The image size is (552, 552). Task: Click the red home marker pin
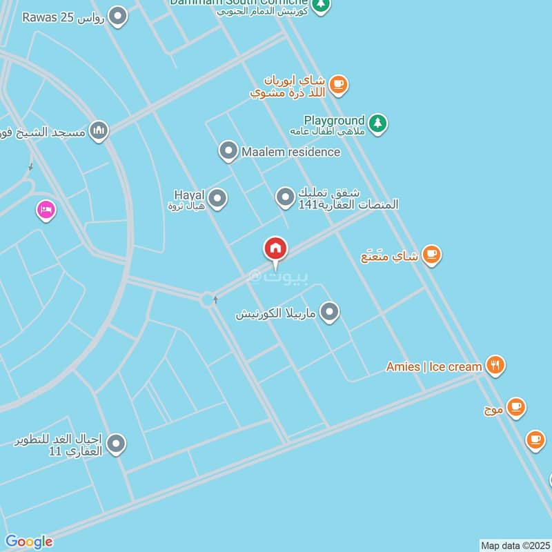pyautogui.click(x=276, y=249)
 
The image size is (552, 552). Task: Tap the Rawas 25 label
pyautogui.click(x=63, y=17)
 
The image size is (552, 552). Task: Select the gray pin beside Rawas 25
pyautogui.click(x=119, y=17)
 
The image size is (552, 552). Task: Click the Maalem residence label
pyautogui.click(x=290, y=151)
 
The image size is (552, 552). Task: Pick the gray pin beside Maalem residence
pyautogui.click(x=228, y=151)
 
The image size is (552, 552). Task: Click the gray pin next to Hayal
pyautogui.click(x=218, y=199)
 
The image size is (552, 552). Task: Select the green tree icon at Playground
pyautogui.click(x=377, y=124)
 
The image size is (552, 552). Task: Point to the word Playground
pyautogui.click(x=334, y=120)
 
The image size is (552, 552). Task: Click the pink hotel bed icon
pyautogui.click(x=46, y=210)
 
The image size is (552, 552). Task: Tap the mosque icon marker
pyautogui.click(x=99, y=130)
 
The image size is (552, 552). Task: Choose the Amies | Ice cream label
pyautogui.click(x=433, y=366)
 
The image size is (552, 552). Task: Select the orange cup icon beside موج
pyautogui.click(x=515, y=408)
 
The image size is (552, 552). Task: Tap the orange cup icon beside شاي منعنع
pyautogui.click(x=432, y=255)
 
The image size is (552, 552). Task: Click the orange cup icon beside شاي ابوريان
pyautogui.click(x=337, y=85)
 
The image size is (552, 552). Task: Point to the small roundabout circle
pyautogui.click(x=206, y=299)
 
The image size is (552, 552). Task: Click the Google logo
pyautogui.click(x=28, y=542)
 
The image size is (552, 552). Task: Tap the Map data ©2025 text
pyautogui.click(x=515, y=545)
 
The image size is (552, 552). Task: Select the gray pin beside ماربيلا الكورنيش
pyautogui.click(x=331, y=313)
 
